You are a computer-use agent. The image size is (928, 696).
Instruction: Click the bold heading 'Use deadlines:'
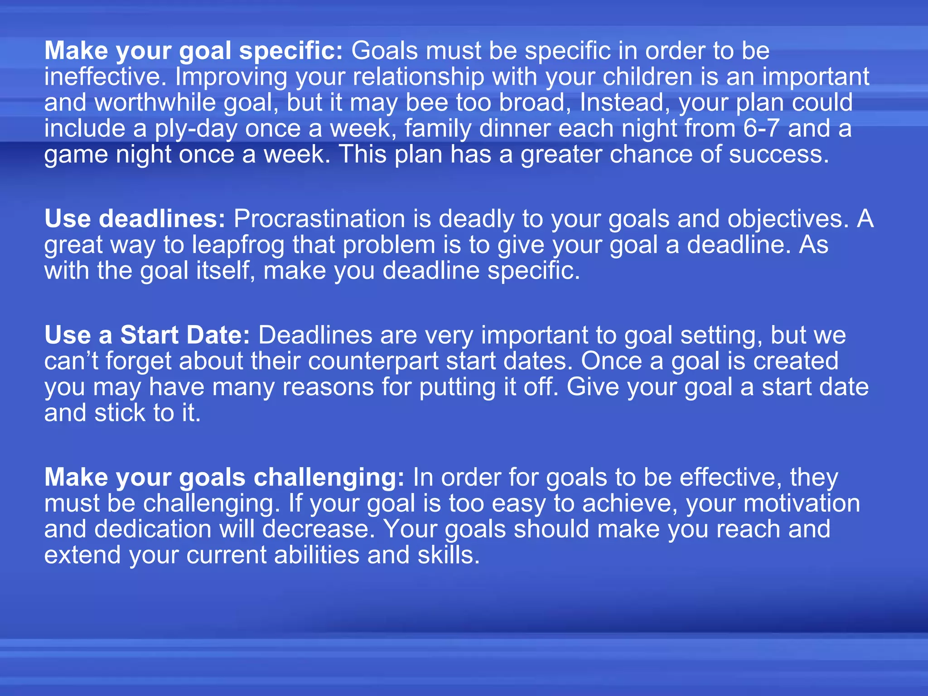pyautogui.click(x=135, y=219)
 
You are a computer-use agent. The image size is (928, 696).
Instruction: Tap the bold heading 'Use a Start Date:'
pyautogui.click(x=147, y=335)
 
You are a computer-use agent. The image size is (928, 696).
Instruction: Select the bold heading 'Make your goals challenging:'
pyautogui.click(x=224, y=478)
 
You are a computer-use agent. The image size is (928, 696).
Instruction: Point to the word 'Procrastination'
pyautogui.click(x=319, y=219)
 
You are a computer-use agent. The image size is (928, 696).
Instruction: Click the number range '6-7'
pyautogui.click(x=761, y=128)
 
